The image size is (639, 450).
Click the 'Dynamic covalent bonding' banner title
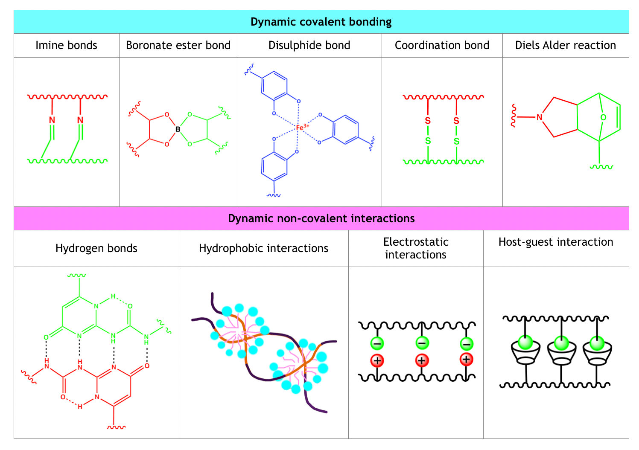click(321, 22)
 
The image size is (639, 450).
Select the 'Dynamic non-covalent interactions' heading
click(321, 218)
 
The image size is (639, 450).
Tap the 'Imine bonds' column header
click(66, 45)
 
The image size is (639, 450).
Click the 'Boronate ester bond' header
click(178, 45)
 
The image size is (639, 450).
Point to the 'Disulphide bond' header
click(309, 45)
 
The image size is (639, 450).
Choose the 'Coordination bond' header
click(442, 45)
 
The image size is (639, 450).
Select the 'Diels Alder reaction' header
click(565, 45)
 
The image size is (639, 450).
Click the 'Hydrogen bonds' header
click(96, 248)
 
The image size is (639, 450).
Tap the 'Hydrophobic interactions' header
click(263, 248)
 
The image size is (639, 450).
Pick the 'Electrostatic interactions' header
click(416, 248)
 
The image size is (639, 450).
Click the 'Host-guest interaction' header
click(556, 242)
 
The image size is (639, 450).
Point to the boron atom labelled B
click(178, 129)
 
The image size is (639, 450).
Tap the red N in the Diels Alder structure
click(539, 117)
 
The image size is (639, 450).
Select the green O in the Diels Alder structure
click(603, 117)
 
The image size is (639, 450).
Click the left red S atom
click(428, 121)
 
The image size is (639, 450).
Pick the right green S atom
click(456, 141)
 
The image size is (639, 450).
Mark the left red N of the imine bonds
click(52, 120)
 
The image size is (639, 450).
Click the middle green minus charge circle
click(422, 343)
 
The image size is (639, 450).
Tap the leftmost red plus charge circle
click(377, 361)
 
